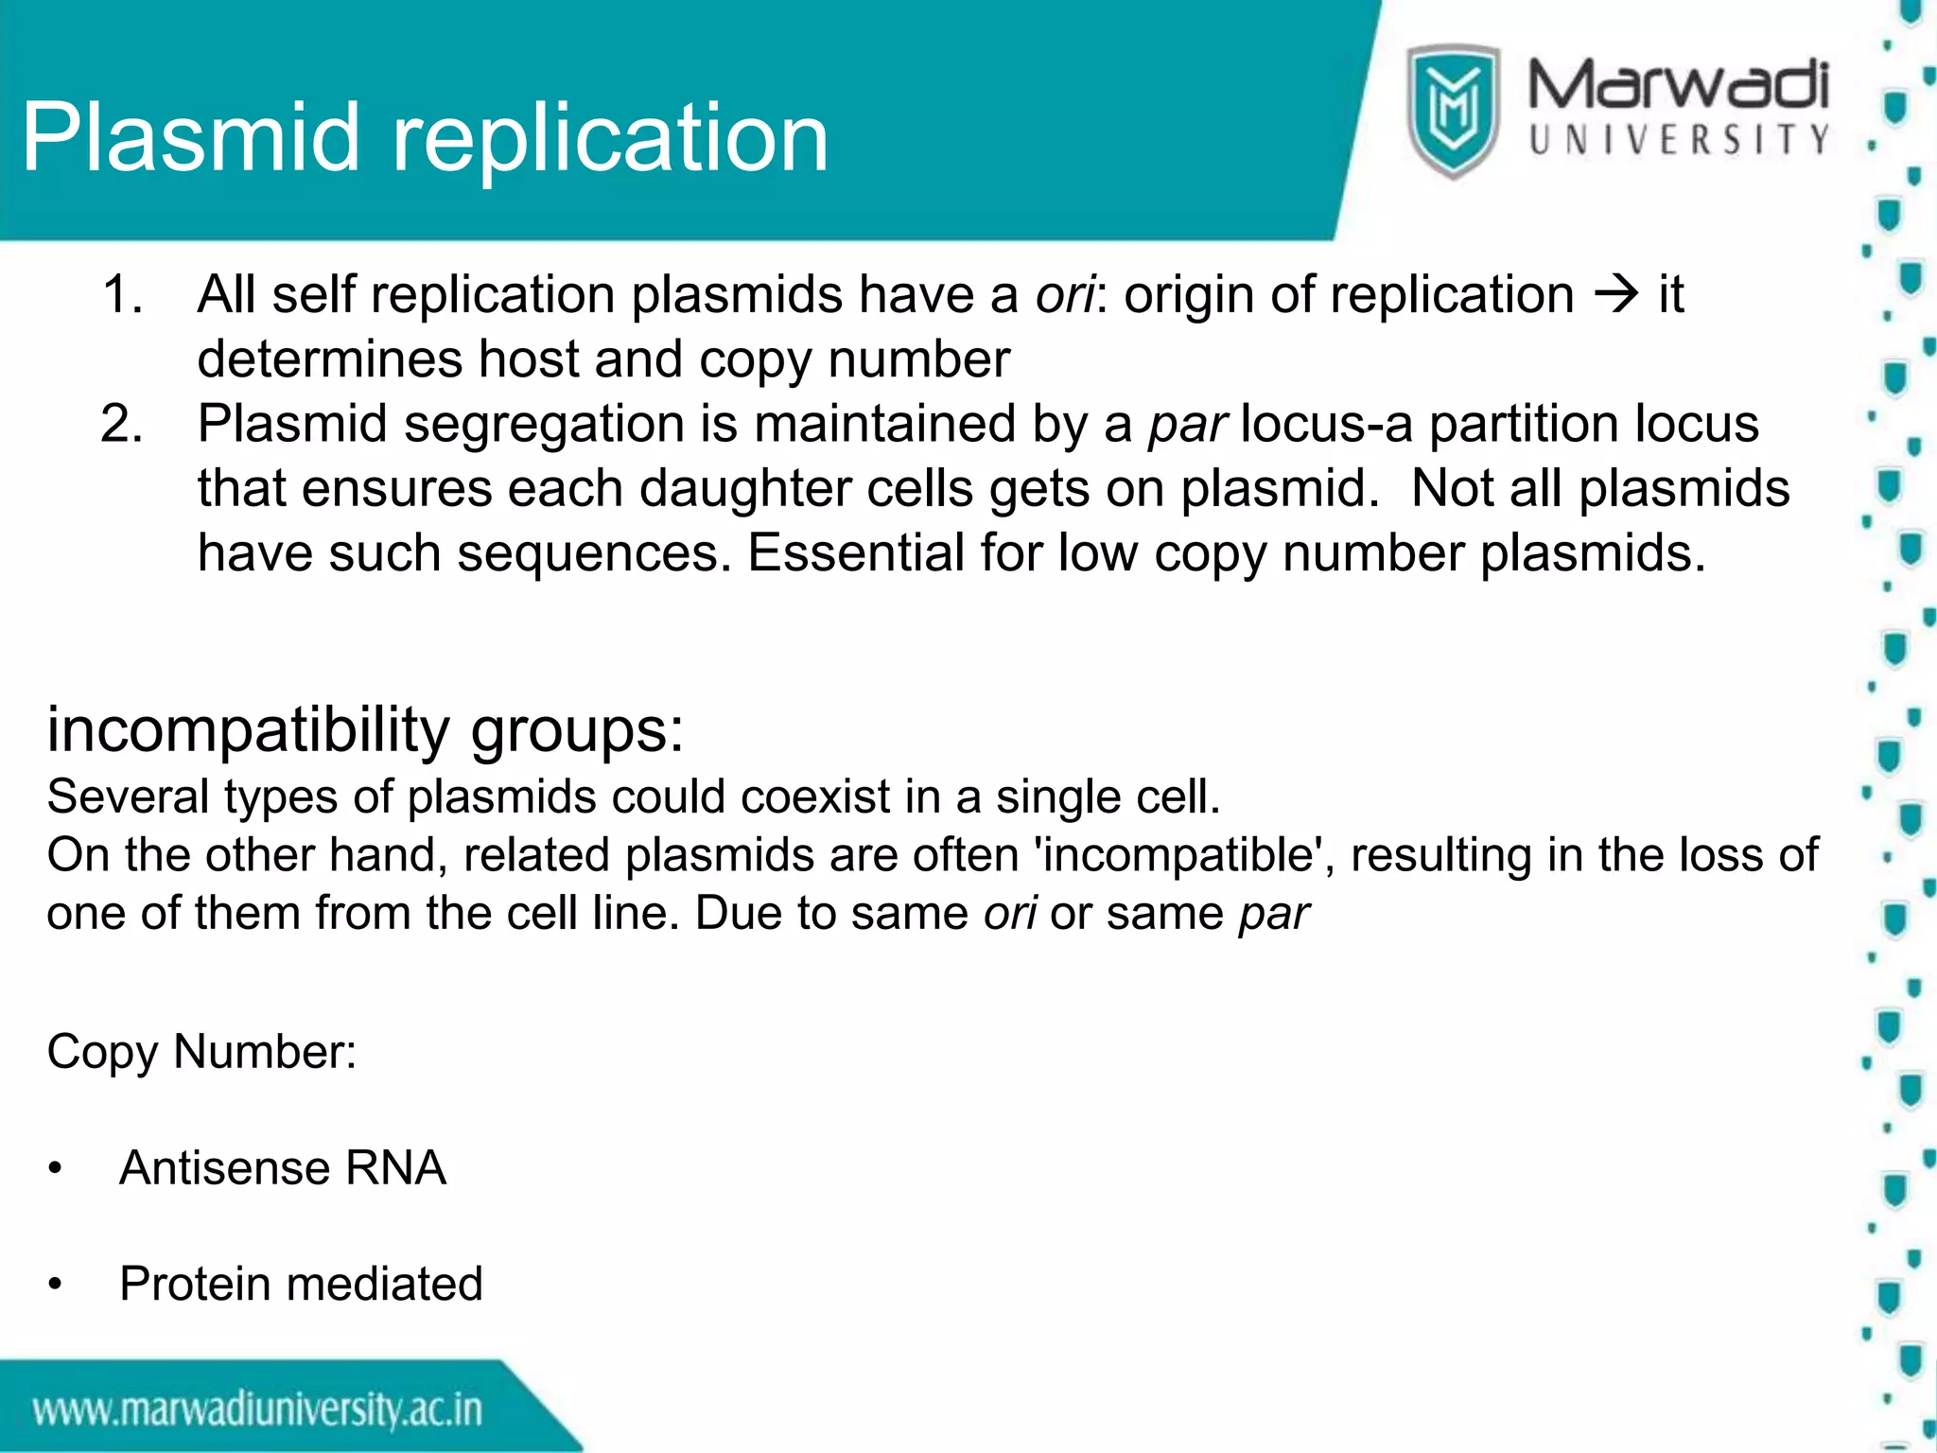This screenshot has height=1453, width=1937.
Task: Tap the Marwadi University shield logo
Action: pyautogui.click(x=1452, y=111)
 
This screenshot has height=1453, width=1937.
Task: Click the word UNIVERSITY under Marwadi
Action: pyautogui.click(x=1679, y=140)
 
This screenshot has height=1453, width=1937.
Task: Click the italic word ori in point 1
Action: pyautogui.click(x=1064, y=294)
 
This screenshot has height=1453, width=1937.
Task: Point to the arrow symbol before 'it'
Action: pyautogui.click(x=1615, y=294)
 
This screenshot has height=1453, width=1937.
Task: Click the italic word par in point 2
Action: pyautogui.click(x=1187, y=425)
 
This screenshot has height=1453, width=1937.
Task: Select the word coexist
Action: pyautogui.click(x=814, y=797)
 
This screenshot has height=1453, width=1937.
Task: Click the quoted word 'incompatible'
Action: pyautogui.click(x=1184, y=855)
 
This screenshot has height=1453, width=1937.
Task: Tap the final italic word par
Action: pyautogui.click(x=1273, y=914)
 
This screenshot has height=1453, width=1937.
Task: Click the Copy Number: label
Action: pyautogui.click(x=201, y=1052)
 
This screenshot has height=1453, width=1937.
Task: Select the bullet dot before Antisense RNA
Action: pyautogui.click(x=56, y=1169)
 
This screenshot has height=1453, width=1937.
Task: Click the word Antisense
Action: pyautogui.click(x=223, y=1167)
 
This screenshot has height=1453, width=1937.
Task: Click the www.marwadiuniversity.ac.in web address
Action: pyautogui.click(x=257, y=1410)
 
